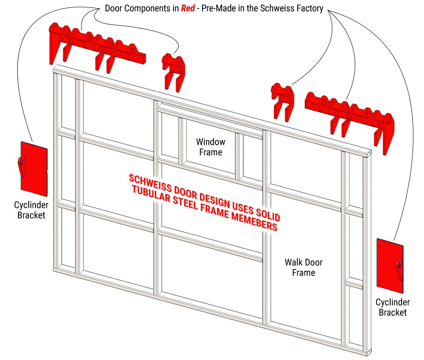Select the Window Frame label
210,147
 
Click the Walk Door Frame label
304,267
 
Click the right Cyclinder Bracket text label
392,308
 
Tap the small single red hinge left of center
173,70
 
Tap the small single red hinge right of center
282,100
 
